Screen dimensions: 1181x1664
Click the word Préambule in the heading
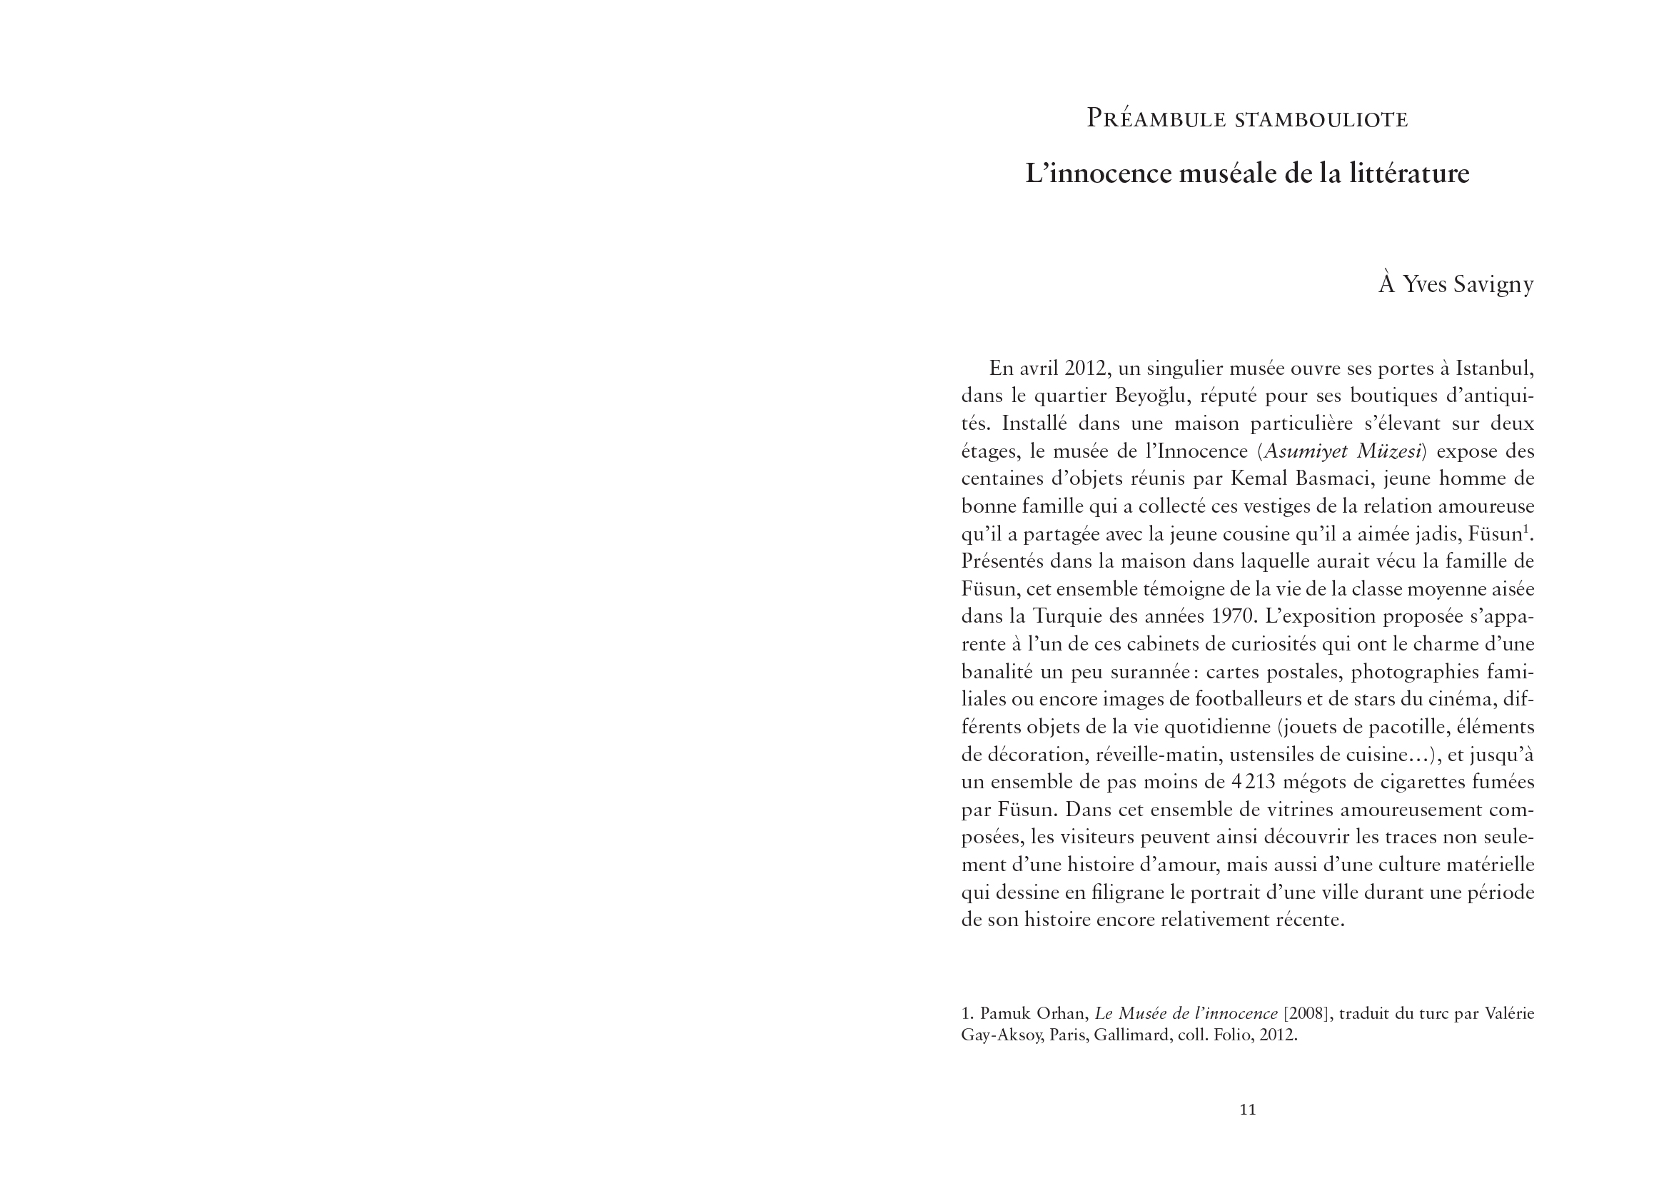tap(1156, 119)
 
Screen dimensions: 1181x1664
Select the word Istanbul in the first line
tap(1492, 368)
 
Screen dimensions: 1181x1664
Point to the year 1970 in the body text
tap(1234, 617)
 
